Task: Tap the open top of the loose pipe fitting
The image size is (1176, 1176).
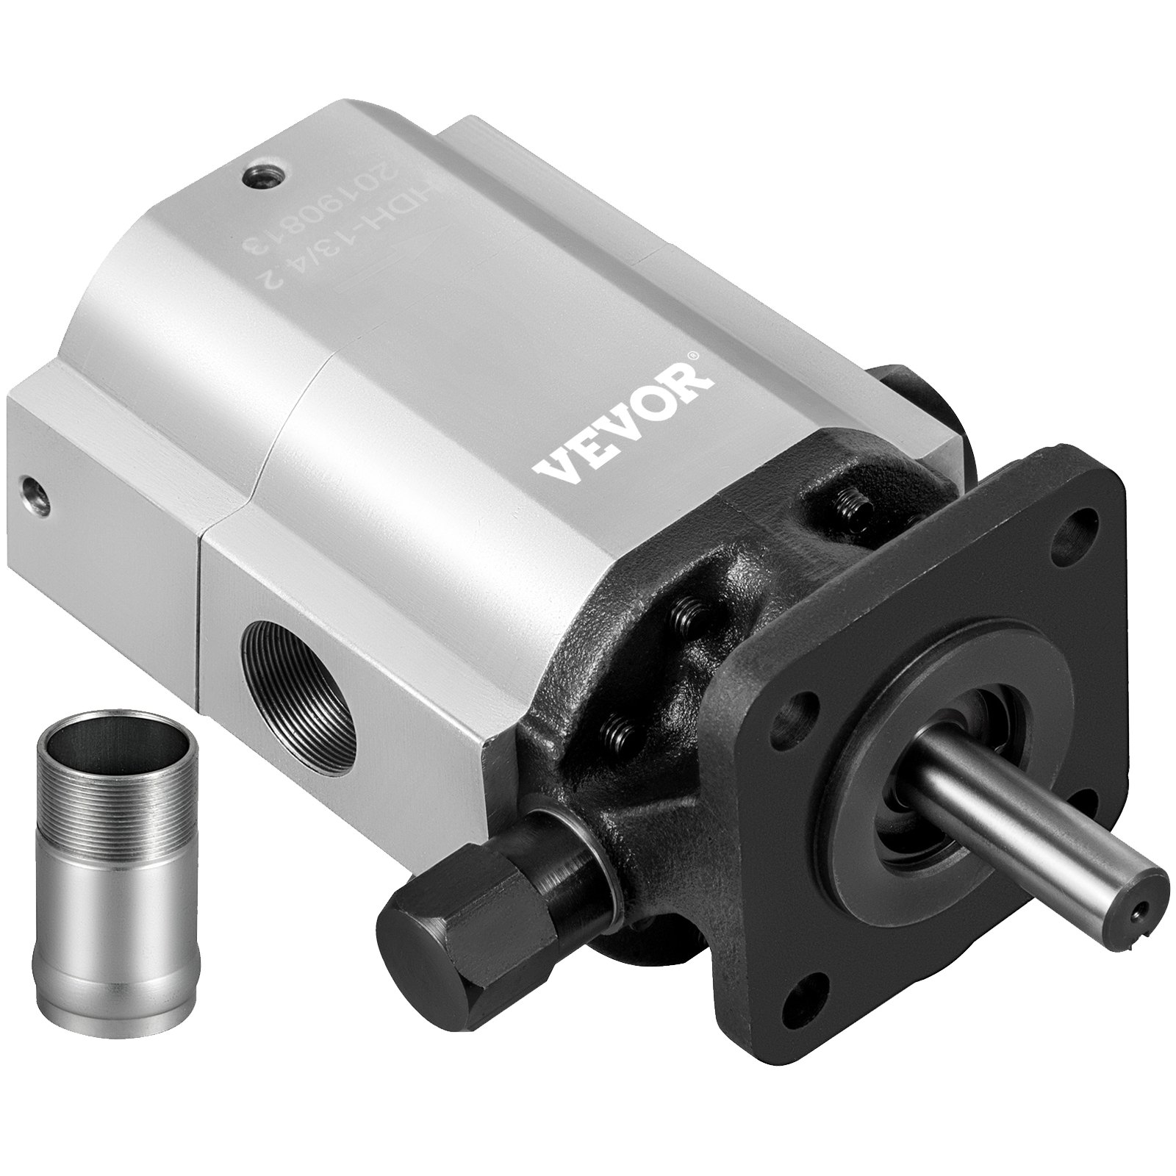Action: click(x=83, y=764)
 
